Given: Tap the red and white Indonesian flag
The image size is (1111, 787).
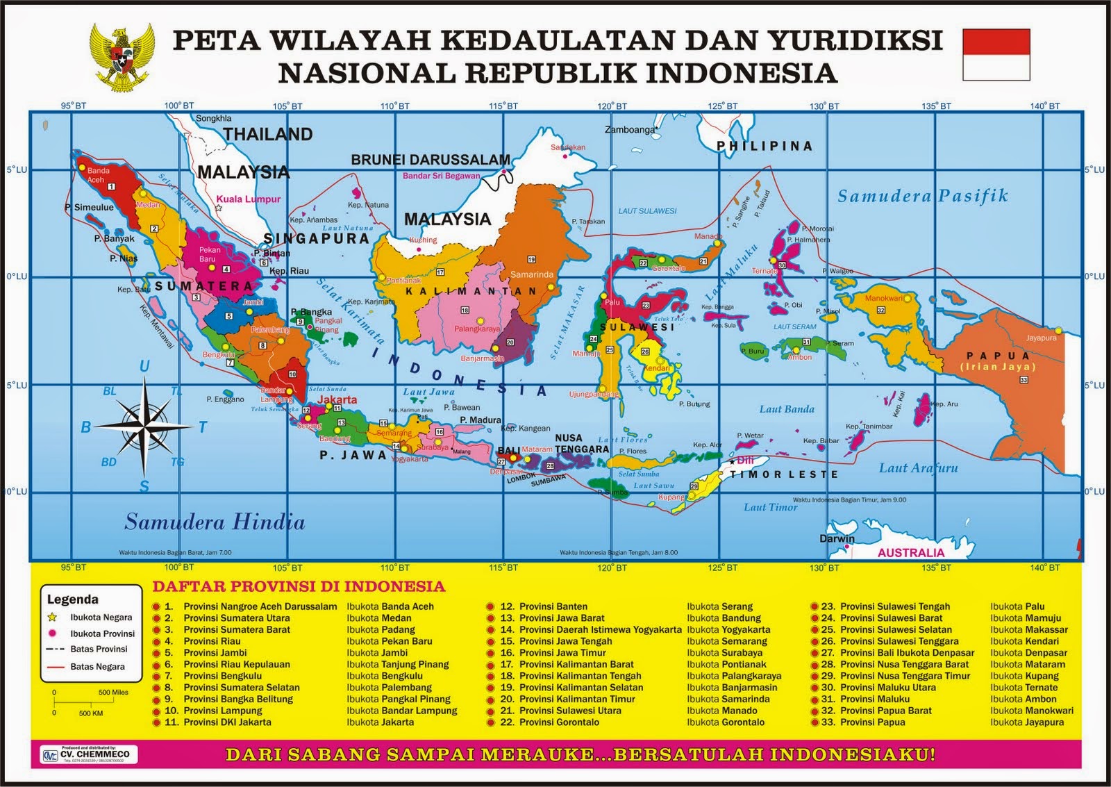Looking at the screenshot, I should tap(996, 55).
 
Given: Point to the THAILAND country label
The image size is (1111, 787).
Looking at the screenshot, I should tap(267, 134).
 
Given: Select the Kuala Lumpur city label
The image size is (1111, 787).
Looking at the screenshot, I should tap(249, 199).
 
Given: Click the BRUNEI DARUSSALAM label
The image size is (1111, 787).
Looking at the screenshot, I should tap(431, 160).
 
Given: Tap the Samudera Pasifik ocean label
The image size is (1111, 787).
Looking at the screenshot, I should tap(922, 196).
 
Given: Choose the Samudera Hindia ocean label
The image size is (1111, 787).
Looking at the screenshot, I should tap(215, 522).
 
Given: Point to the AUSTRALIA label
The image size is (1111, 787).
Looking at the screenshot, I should tap(910, 553).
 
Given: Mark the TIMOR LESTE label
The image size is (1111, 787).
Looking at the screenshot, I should tap(784, 474).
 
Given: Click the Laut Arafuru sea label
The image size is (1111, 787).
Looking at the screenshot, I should tap(918, 467).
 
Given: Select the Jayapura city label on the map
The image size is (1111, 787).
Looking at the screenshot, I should tap(1041, 338).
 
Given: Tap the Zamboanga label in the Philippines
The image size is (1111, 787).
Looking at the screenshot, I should tap(630, 130).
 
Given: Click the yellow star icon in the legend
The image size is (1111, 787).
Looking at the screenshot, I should tap(51, 617).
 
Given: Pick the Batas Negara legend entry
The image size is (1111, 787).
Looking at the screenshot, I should tap(97, 666).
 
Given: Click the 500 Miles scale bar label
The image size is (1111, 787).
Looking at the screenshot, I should tap(113, 693).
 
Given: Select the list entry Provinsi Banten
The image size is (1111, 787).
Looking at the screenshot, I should tap(553, 606).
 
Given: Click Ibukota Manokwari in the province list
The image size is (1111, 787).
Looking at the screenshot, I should tap(1031, 711).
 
